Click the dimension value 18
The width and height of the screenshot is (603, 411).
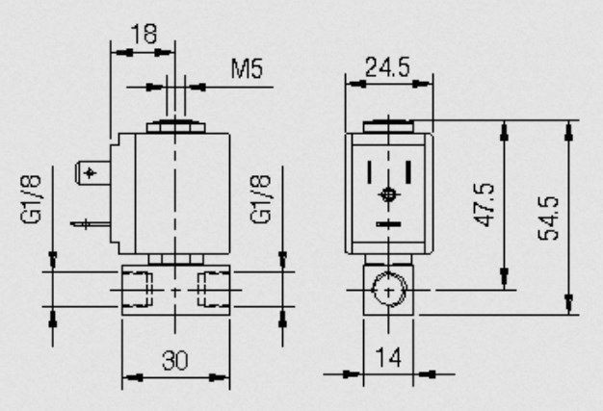coord(144,34)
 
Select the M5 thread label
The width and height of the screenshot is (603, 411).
coord(247,68)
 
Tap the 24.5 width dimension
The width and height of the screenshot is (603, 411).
coord(387,67)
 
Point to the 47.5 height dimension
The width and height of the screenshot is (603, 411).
coord(485,205)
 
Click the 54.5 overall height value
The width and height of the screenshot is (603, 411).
coord(548,218)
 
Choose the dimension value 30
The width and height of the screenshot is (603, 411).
coord(175,360)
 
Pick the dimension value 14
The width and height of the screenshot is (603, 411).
coord(388,357)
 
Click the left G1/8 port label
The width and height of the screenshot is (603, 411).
coord(31,199)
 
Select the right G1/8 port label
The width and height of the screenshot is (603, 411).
coord(260,199)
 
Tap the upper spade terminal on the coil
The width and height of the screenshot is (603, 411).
coord(92,173)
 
